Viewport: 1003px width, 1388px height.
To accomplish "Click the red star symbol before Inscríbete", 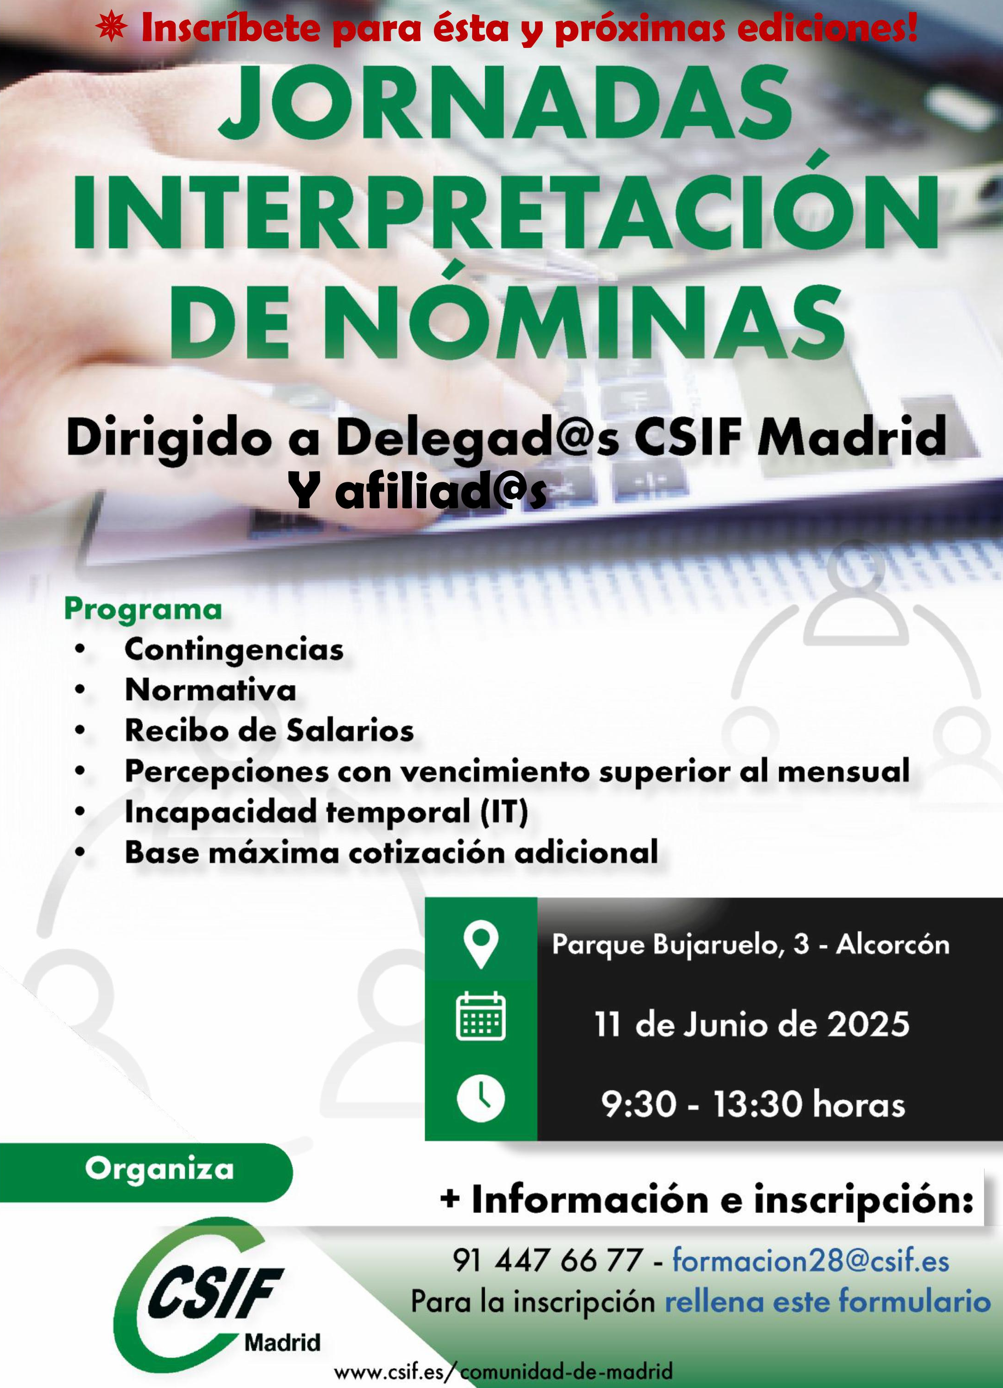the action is [111, 29].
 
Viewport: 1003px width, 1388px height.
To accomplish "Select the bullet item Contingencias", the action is [234, 650].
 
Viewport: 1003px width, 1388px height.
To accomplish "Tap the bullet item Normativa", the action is [211, 691].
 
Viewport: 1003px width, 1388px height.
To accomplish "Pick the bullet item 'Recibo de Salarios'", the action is [269, 731].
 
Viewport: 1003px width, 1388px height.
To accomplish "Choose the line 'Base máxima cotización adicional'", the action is [392, 853].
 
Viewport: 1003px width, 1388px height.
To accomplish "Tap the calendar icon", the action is [481, 1017].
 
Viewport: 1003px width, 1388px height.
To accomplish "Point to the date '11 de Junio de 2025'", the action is [752, 1025].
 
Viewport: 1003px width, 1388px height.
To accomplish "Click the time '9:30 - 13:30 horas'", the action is [753, 1105].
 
